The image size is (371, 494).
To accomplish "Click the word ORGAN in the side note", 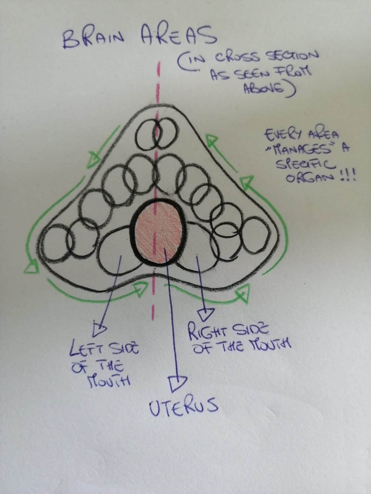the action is click(308, 178).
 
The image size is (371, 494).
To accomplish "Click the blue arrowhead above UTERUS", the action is click(178, 383).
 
